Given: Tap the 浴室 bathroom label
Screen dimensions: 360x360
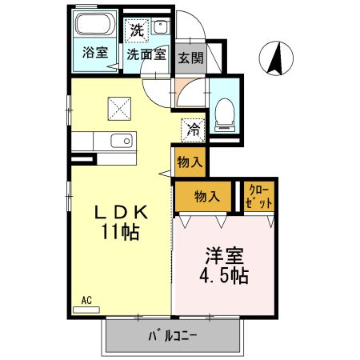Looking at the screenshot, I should tap(95, 54).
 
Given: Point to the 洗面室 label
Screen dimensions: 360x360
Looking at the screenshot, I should tap(146, 55).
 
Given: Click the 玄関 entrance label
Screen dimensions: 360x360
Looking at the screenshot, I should tap(190, 58).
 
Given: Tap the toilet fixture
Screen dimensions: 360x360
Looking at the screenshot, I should tap(224, 112).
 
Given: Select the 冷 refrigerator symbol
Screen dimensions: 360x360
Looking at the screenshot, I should tap(193, 127).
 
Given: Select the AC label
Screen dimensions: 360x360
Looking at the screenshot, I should tap(86, 300).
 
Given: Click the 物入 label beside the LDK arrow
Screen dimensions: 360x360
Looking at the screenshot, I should tap(190, 162).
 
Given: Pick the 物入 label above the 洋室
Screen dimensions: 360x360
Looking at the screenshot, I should tap(206, 196).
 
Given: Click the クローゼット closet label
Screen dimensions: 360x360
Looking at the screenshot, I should tap(260, 197).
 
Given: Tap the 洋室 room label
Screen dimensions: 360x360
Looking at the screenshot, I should tap(224, 258).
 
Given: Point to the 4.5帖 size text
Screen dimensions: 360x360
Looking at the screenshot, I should tap(224, 277).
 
